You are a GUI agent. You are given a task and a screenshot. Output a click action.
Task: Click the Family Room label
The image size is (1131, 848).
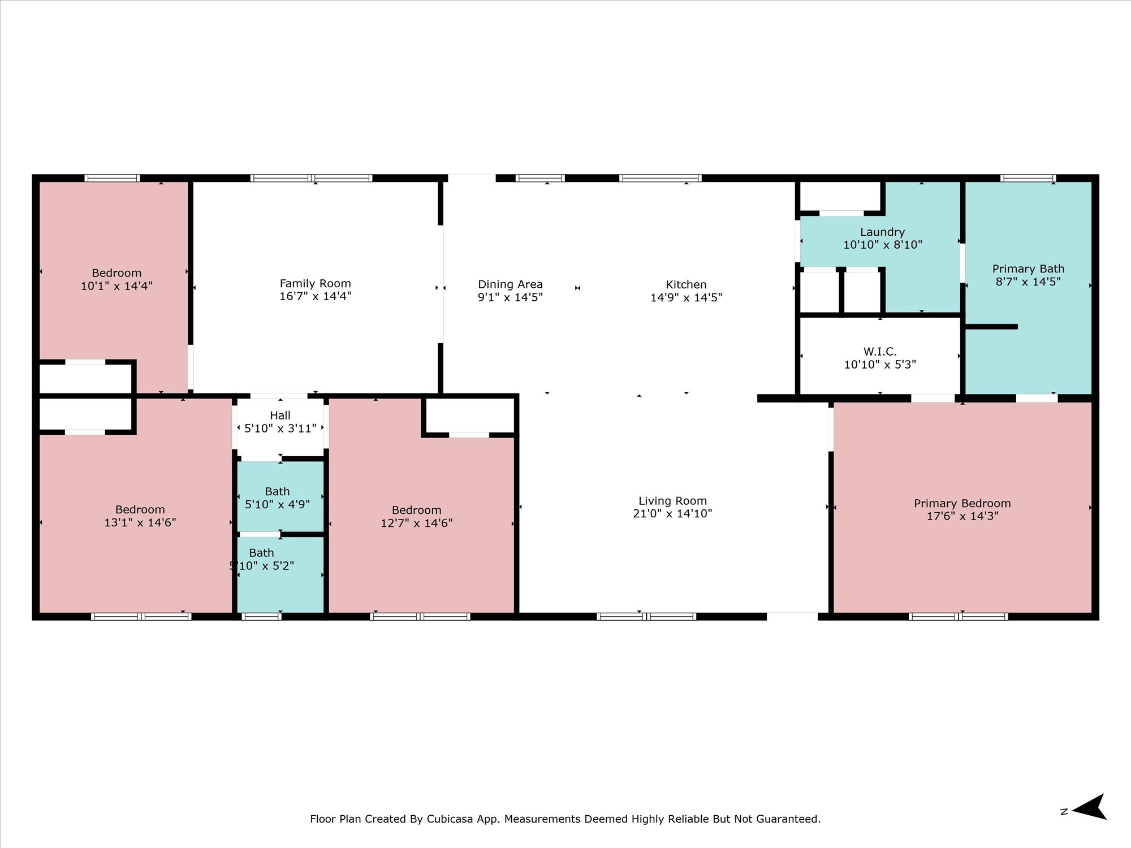pos(315,283)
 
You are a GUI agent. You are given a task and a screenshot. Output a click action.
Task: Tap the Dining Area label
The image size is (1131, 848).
pos(510,284)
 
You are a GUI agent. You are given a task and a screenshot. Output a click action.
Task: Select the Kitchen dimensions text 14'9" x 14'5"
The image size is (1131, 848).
pos(686,297)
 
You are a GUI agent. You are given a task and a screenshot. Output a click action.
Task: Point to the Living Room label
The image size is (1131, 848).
pos(672,501)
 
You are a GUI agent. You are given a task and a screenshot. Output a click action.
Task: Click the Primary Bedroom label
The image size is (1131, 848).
pos(962,503)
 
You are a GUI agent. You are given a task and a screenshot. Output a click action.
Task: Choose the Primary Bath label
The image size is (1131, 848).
pos(1028,269)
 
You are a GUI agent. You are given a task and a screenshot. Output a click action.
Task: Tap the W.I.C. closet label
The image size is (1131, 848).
pos(880,352)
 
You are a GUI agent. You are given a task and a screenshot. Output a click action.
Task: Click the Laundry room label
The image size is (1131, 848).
pos(882,232)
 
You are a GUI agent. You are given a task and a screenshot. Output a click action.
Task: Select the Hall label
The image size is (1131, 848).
pos(280,416)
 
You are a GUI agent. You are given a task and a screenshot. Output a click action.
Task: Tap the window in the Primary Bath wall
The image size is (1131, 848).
pos(1028,178)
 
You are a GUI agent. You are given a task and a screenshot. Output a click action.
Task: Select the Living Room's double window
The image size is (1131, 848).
pos(646,617)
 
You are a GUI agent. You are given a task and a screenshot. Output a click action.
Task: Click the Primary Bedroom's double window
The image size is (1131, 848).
pos(959,617)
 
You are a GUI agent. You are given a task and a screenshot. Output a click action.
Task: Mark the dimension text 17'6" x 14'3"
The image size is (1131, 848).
pos(962,516)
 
